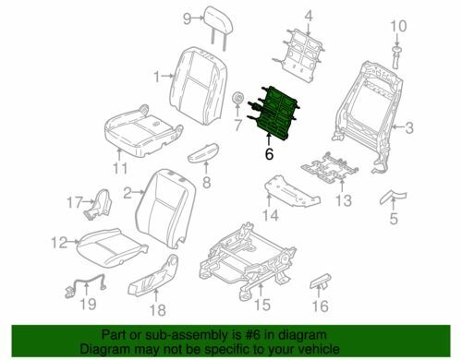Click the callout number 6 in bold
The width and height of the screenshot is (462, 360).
pyautogui.click(x=269, y=153)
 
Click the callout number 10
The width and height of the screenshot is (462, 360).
pyautogui.click(x=398, y=26)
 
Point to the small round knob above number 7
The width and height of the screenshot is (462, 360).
pyautogui.click(x=237, y=98)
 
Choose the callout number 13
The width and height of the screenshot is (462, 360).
pyautogui.click(x=343, y=200)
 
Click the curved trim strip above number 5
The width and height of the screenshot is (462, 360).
pyautogui.click(x=394, y=198)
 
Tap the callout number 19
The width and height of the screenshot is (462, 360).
pyautogui.click(x=88, y=304)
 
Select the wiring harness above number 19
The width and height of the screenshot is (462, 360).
pyautogui.click(x=86, y=285)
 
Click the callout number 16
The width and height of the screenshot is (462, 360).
pyautogui.click(x=321, y=306)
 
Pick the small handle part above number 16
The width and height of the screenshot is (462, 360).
pyautogui.click(x=321, y=282)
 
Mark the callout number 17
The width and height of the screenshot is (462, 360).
pyautogui.click(x=75, y=202)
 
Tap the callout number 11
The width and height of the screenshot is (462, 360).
pyautogui.click(x=120, y=168)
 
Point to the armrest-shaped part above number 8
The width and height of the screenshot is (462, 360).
pyautogui.click(x=203, y=152)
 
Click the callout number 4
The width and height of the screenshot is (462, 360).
pyautogui.click(x=309, y=16)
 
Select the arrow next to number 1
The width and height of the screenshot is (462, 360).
pyautogui.click(x=167, y=76)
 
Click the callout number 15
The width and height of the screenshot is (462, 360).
pyautogui.click(x=262, y=305)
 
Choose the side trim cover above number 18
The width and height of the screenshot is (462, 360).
pyautogui.click(x=153, y=274)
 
